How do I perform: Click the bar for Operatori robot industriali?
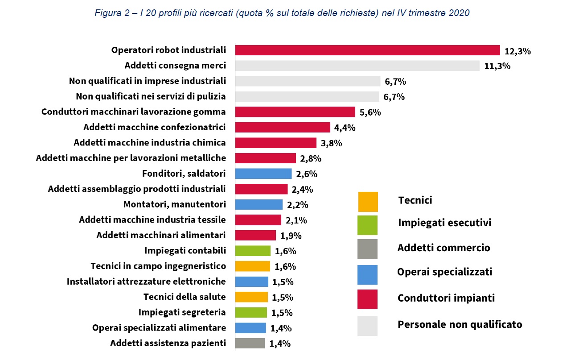(x=367, y=50)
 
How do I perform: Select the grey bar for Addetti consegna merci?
(x=357, y=66)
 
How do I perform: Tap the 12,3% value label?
(x=517, y=51)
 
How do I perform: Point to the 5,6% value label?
(x=370, y=112)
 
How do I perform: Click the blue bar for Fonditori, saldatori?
(x=263, y=174)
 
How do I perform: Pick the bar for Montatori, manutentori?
(x=259, y=204)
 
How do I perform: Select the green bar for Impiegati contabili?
(x=253, y=251)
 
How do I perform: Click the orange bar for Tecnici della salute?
(x=251, y=297)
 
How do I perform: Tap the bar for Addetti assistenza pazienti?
(x=250, y=343)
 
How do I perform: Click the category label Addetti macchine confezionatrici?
(x=154, y=127)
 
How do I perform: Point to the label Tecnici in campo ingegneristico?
(x=158, y=266)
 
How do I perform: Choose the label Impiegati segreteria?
(x=182, y=312)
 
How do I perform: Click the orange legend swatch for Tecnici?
(x=368, y=202)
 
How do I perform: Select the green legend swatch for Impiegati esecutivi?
(x=368, y=225)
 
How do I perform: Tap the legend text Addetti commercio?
(x=443, y=248)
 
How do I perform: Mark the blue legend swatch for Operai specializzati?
(x=368, y=275)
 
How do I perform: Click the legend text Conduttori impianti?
(x=446, y=298)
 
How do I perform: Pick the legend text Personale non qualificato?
(x=460, y=324)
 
